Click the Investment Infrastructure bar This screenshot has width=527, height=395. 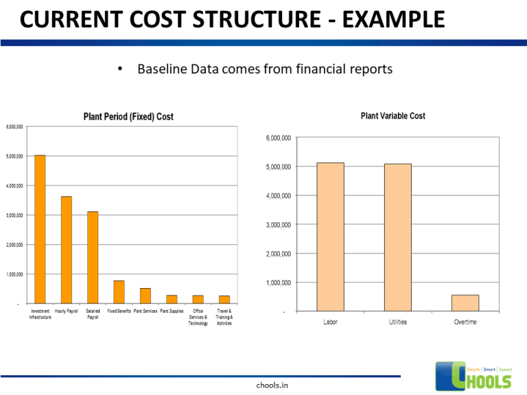(x=40, y=229)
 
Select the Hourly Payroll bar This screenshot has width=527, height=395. (x=66, y=250)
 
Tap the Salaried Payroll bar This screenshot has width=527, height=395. (x=93, y=257)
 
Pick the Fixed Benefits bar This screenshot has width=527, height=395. (x=119, y=291)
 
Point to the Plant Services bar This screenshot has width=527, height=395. (x=145, y=296)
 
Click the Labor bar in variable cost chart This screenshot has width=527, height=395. (x=330, y=237)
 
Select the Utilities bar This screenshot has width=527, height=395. (x=397, y=237)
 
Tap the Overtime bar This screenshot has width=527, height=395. (x=465, y=303)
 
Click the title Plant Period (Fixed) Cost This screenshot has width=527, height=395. (x=128, y=117)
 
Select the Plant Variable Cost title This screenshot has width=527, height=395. (x=393, y=116)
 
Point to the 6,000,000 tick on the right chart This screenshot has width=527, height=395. (x=277, y=138)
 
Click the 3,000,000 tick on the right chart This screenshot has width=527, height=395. (x=277, y=225)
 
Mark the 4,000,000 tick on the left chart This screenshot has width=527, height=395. (x=14, y=186)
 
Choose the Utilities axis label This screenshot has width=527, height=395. (x=397, y=322)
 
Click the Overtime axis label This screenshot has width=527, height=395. (x=465, y=322)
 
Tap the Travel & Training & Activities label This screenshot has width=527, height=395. (x=224, y=317)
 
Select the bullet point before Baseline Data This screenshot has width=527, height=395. (x=119, y=69)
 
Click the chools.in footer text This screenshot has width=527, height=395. (x=272, y=385)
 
